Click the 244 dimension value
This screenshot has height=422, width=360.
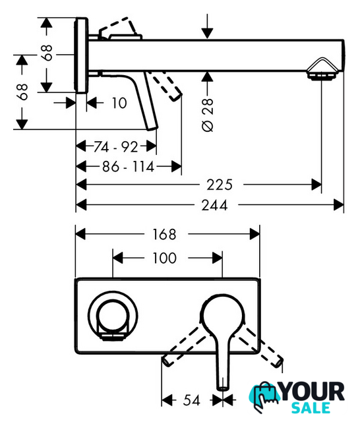[x=214, y=205]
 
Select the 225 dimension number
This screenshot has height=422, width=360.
[x=220, y=185]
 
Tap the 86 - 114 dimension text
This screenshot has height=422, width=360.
[x=128, y=167]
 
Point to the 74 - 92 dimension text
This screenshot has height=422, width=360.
[x=115, y=147]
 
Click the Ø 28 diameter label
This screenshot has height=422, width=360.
[x=208, y=115]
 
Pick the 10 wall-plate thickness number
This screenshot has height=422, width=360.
[x=119, y=103]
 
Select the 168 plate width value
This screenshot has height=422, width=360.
[x=164, y=234]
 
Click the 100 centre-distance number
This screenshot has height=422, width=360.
[x=164, y=258]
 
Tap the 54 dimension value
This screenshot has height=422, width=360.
[x=192, y=400]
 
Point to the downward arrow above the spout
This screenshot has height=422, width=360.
[x=207, y=26]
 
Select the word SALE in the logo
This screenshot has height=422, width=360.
[x=311, y=408]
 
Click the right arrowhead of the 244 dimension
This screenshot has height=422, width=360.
[x=339, y=205]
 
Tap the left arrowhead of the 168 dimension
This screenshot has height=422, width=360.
[x=80, y=234]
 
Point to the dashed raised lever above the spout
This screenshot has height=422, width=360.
[x=119, y=29]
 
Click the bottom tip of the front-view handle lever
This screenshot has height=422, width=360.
[x=223, y=388]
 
